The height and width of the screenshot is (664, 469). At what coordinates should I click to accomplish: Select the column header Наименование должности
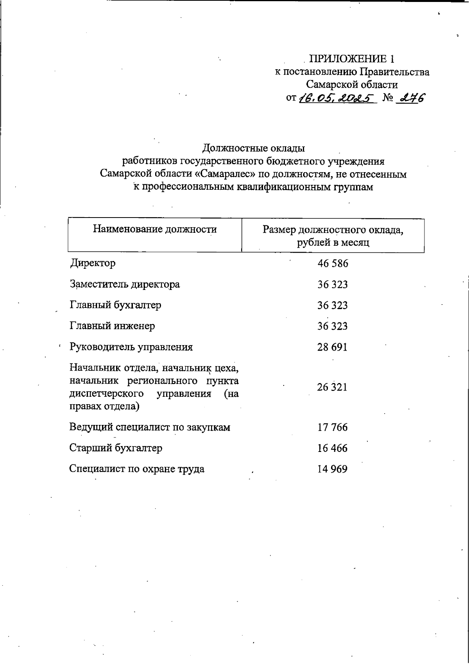pos(155,229)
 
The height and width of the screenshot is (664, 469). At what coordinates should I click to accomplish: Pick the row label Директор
pos(93,263)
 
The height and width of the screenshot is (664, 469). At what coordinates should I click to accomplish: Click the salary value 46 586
pos(333,263)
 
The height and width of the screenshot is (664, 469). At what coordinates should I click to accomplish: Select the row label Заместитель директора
pos(125,284)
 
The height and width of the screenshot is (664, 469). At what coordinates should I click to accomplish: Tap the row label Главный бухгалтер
pos(115,305)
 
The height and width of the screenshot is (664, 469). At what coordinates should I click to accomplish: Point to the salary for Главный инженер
pos(333,326)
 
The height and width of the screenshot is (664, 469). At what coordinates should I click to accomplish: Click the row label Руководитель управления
pos(131,347)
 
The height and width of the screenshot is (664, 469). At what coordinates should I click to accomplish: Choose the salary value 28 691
pos(333,347)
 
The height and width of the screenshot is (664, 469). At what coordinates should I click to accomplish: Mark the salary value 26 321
pos(333,387)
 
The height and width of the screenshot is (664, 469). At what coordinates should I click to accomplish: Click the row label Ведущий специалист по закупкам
pos(150,427)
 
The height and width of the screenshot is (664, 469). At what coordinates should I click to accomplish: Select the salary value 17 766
pos(333,427)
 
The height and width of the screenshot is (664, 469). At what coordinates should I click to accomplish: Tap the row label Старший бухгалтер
pos(116,448)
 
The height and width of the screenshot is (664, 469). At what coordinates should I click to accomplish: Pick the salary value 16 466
pos(333,448)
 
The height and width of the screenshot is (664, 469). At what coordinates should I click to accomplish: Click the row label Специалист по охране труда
pos(137,469)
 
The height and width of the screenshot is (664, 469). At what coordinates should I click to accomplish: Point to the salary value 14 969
pos(333,469)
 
